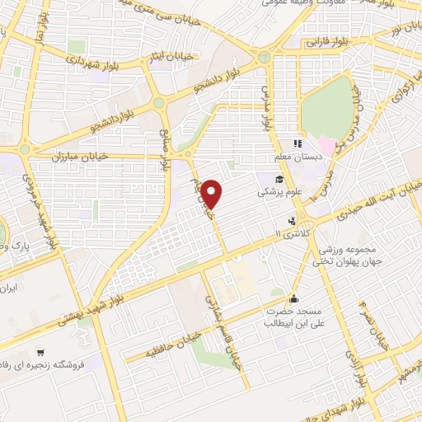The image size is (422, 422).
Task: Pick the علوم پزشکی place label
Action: pyautogui.click(x=279, y=192)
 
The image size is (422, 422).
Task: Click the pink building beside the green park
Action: pyautogui.click(x=327, y=146)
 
